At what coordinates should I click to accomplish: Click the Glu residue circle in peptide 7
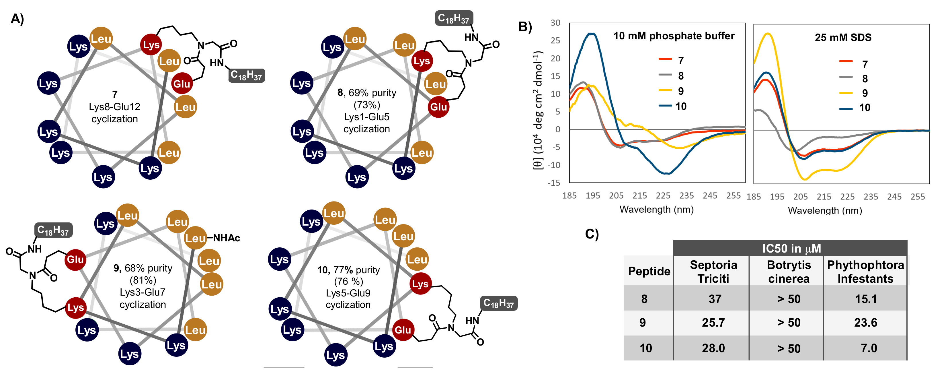(182, 84)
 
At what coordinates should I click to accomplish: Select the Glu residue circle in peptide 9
(75, 259)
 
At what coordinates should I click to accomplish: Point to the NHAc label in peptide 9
(227, 238)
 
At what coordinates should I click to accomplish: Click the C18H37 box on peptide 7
(246, 75)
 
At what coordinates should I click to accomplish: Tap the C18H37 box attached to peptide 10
(499, 303)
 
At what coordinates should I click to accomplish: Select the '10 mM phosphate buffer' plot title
(674, 36)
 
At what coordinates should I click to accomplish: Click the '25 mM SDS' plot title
(843, 37)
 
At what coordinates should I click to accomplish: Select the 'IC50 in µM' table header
(791, 248)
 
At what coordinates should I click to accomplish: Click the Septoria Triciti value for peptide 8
(715, 299)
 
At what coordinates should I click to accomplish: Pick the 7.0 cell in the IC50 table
(869, 348)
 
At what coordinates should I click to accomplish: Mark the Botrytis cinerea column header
(789, 272)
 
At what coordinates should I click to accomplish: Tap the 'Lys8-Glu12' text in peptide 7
(114, 107)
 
